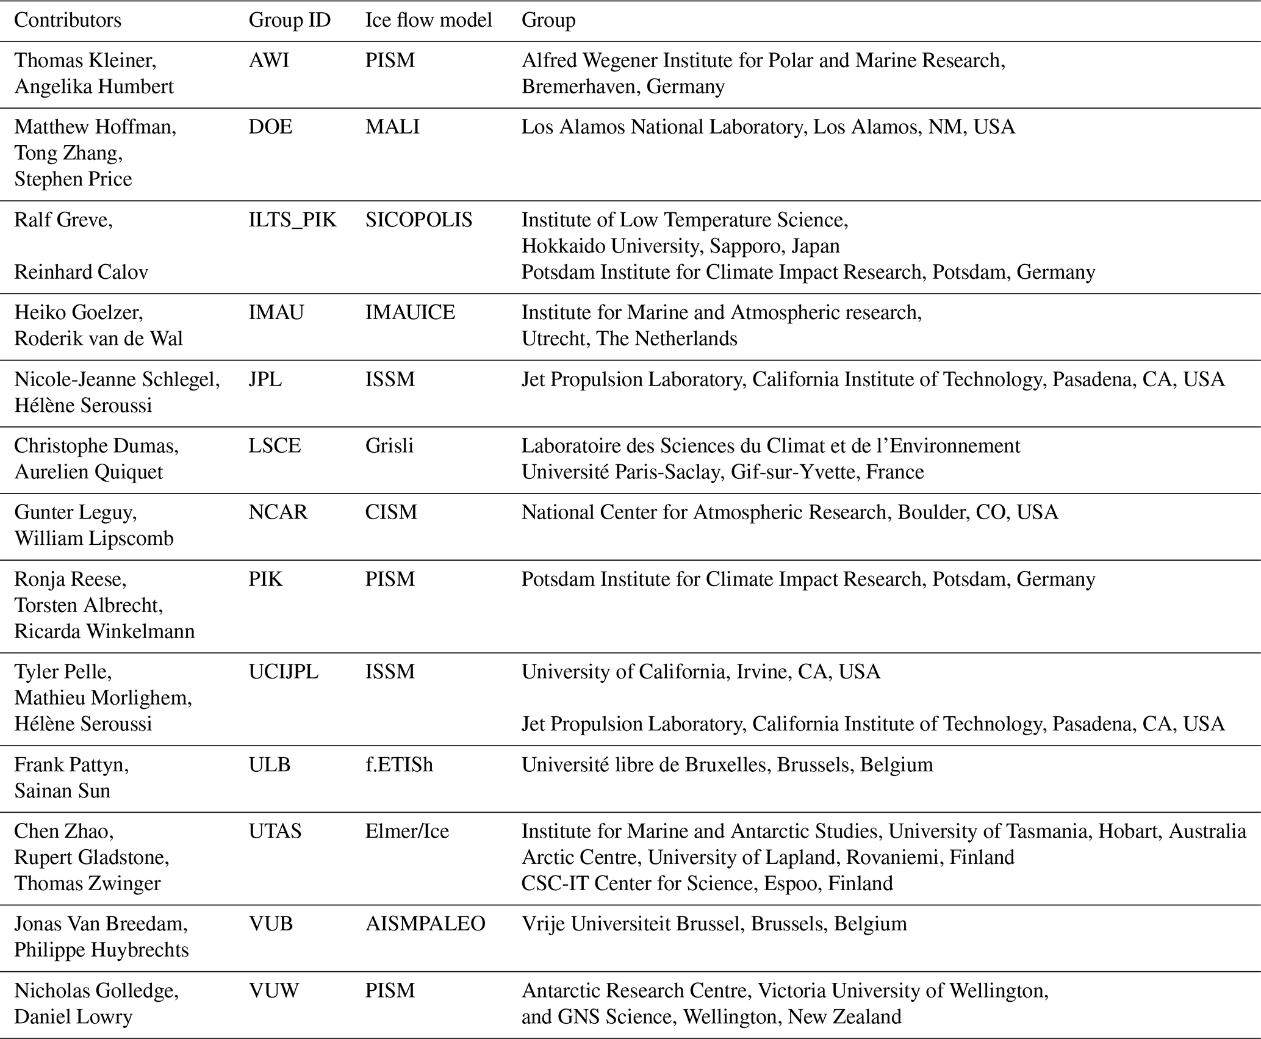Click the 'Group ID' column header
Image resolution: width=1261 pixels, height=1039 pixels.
(289, 20)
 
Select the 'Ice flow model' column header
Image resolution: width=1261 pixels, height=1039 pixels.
(428, 20)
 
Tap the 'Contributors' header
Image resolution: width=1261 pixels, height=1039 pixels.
(68, 20)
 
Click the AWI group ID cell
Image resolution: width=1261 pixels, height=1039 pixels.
(269, 60)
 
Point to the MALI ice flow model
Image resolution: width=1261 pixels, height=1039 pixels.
(392, 127)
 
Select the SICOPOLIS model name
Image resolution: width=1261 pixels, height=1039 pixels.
(419, 220)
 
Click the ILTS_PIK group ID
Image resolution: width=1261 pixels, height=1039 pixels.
(292, 220)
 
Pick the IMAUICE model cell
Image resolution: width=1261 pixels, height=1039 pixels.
(410, 312)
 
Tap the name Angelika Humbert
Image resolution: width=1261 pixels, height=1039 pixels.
(94, 87)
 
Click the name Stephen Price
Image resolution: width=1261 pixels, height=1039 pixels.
(73, 179)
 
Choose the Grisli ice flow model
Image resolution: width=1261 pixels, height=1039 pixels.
(389, 445)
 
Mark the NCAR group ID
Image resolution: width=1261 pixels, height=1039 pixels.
(278, 512)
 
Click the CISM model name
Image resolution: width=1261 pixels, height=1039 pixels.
(391, 512)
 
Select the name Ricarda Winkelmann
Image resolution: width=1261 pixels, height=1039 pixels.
(104, 631)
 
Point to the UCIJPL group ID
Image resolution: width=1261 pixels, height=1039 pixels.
(283, 672)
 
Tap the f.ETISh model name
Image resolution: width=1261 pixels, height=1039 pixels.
(399, 764)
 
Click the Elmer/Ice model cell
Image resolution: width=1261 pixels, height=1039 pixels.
(407, 831)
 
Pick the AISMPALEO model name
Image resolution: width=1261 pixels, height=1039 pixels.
(425, 924)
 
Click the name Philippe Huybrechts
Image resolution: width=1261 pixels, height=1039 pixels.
(101, 950)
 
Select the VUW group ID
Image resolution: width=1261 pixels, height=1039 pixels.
(274, 990)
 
